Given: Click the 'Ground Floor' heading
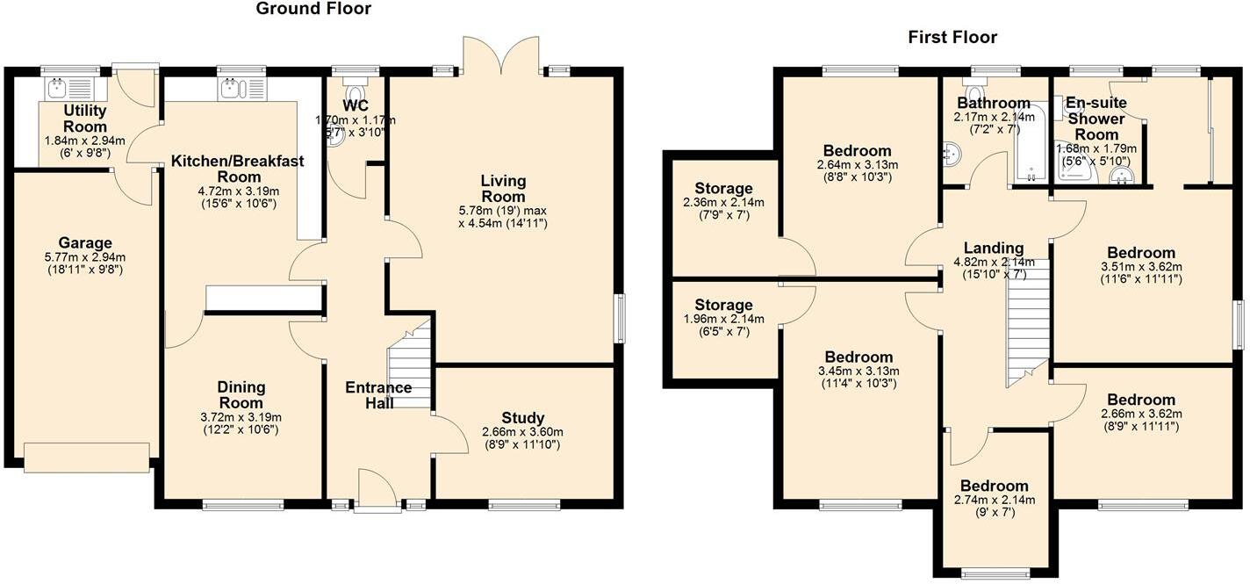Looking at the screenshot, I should [313, 9].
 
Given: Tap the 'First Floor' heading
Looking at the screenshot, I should [952, 37].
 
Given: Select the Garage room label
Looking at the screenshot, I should [85, 243].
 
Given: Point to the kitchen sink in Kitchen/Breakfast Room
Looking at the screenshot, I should [232, 88].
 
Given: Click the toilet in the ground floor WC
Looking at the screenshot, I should [356, 94].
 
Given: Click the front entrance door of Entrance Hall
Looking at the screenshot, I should [377, 491].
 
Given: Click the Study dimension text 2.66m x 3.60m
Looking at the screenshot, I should [523, 432].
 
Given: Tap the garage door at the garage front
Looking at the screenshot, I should [86, 457].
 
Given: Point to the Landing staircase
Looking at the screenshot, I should [1027, 321].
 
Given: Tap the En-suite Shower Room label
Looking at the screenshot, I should [1096, 119].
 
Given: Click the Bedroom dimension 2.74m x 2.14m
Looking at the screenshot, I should [994, 500].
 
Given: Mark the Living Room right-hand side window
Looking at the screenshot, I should [620, 319].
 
